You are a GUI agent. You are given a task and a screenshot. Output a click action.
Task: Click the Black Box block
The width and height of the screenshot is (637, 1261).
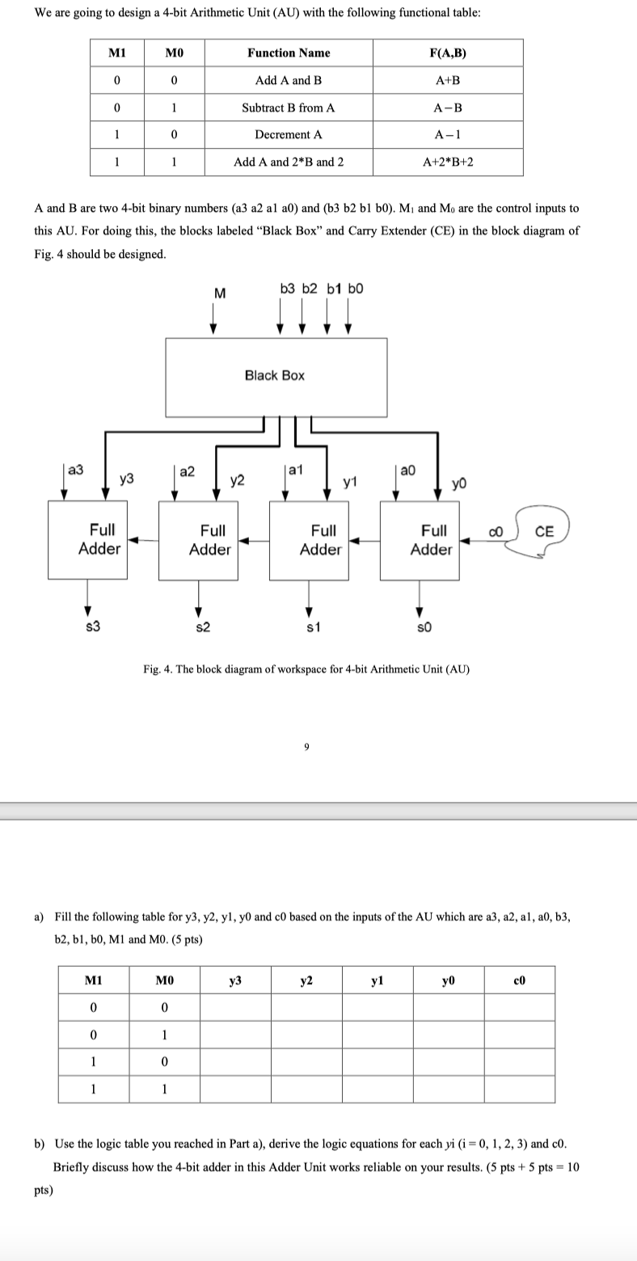(x=275, y=376)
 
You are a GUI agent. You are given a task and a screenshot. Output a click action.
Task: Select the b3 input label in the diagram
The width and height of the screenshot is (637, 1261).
(x=288, y=288)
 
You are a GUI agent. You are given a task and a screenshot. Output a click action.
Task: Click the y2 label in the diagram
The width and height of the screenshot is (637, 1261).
(x=238, y=481)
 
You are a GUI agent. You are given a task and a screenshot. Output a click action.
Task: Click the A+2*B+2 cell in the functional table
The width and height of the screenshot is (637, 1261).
(x=448, y=162)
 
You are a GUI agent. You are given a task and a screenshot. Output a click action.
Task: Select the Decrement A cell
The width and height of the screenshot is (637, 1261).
(x=289, y=134)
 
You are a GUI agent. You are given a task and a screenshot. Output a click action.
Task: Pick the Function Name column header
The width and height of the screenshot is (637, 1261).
(x=289, y=53)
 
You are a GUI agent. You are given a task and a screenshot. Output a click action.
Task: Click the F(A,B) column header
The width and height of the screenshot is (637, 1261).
(x=448, y=53)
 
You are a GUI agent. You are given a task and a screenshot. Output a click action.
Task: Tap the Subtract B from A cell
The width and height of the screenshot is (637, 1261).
(x=289, y=108)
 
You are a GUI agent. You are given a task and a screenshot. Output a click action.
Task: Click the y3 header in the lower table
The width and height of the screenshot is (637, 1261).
(x=235, y=980)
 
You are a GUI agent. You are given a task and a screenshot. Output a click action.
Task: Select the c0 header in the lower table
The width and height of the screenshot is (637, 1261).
(x=519, y=980)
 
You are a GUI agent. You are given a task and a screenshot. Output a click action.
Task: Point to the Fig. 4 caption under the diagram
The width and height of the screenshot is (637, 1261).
(x=306, y=669)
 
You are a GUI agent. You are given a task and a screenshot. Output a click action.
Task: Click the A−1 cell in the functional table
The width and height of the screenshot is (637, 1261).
(x=448, y=134)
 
